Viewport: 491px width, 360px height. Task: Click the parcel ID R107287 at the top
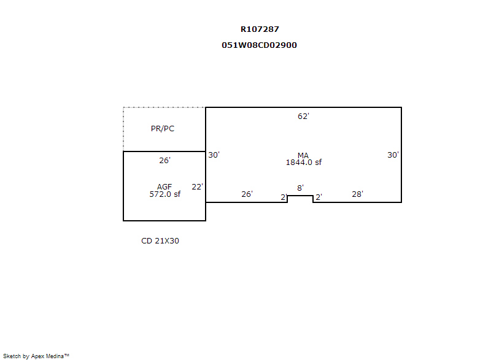(x=260, y=29)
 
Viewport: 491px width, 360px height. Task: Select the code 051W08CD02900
(x=260, y=45)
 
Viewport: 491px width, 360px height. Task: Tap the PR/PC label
(x=163, y=129)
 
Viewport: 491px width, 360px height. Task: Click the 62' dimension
(x=303, y=117)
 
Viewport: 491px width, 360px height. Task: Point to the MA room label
(x=303, y=155)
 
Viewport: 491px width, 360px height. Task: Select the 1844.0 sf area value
(x=303, y=163)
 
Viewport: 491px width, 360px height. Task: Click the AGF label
(x=164, y=186)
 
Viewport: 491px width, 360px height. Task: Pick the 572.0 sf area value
(x=164, y=194)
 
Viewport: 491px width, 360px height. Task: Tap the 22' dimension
(x=197, y=187)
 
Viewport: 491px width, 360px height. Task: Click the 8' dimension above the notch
(x=300, y=188)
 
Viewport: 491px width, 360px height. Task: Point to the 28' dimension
(x=357, y=194)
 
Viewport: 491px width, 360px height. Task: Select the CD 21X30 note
(x=160, y=241)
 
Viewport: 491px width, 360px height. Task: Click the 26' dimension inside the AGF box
(x=164, y=161)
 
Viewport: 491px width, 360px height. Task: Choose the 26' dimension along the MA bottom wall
(x=247, y=194)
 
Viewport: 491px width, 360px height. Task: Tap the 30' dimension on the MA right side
(x=393, y=155)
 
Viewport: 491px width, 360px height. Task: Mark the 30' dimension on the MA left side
(x=214, y=155)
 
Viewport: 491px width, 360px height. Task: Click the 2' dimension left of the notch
(x=284, y=197)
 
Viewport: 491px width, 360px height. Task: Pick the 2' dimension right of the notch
(x=319, y=197)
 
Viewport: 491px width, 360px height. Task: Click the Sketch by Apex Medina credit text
(x=36, y=356)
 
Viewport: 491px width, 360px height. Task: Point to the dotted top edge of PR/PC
(x=164, y=107)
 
